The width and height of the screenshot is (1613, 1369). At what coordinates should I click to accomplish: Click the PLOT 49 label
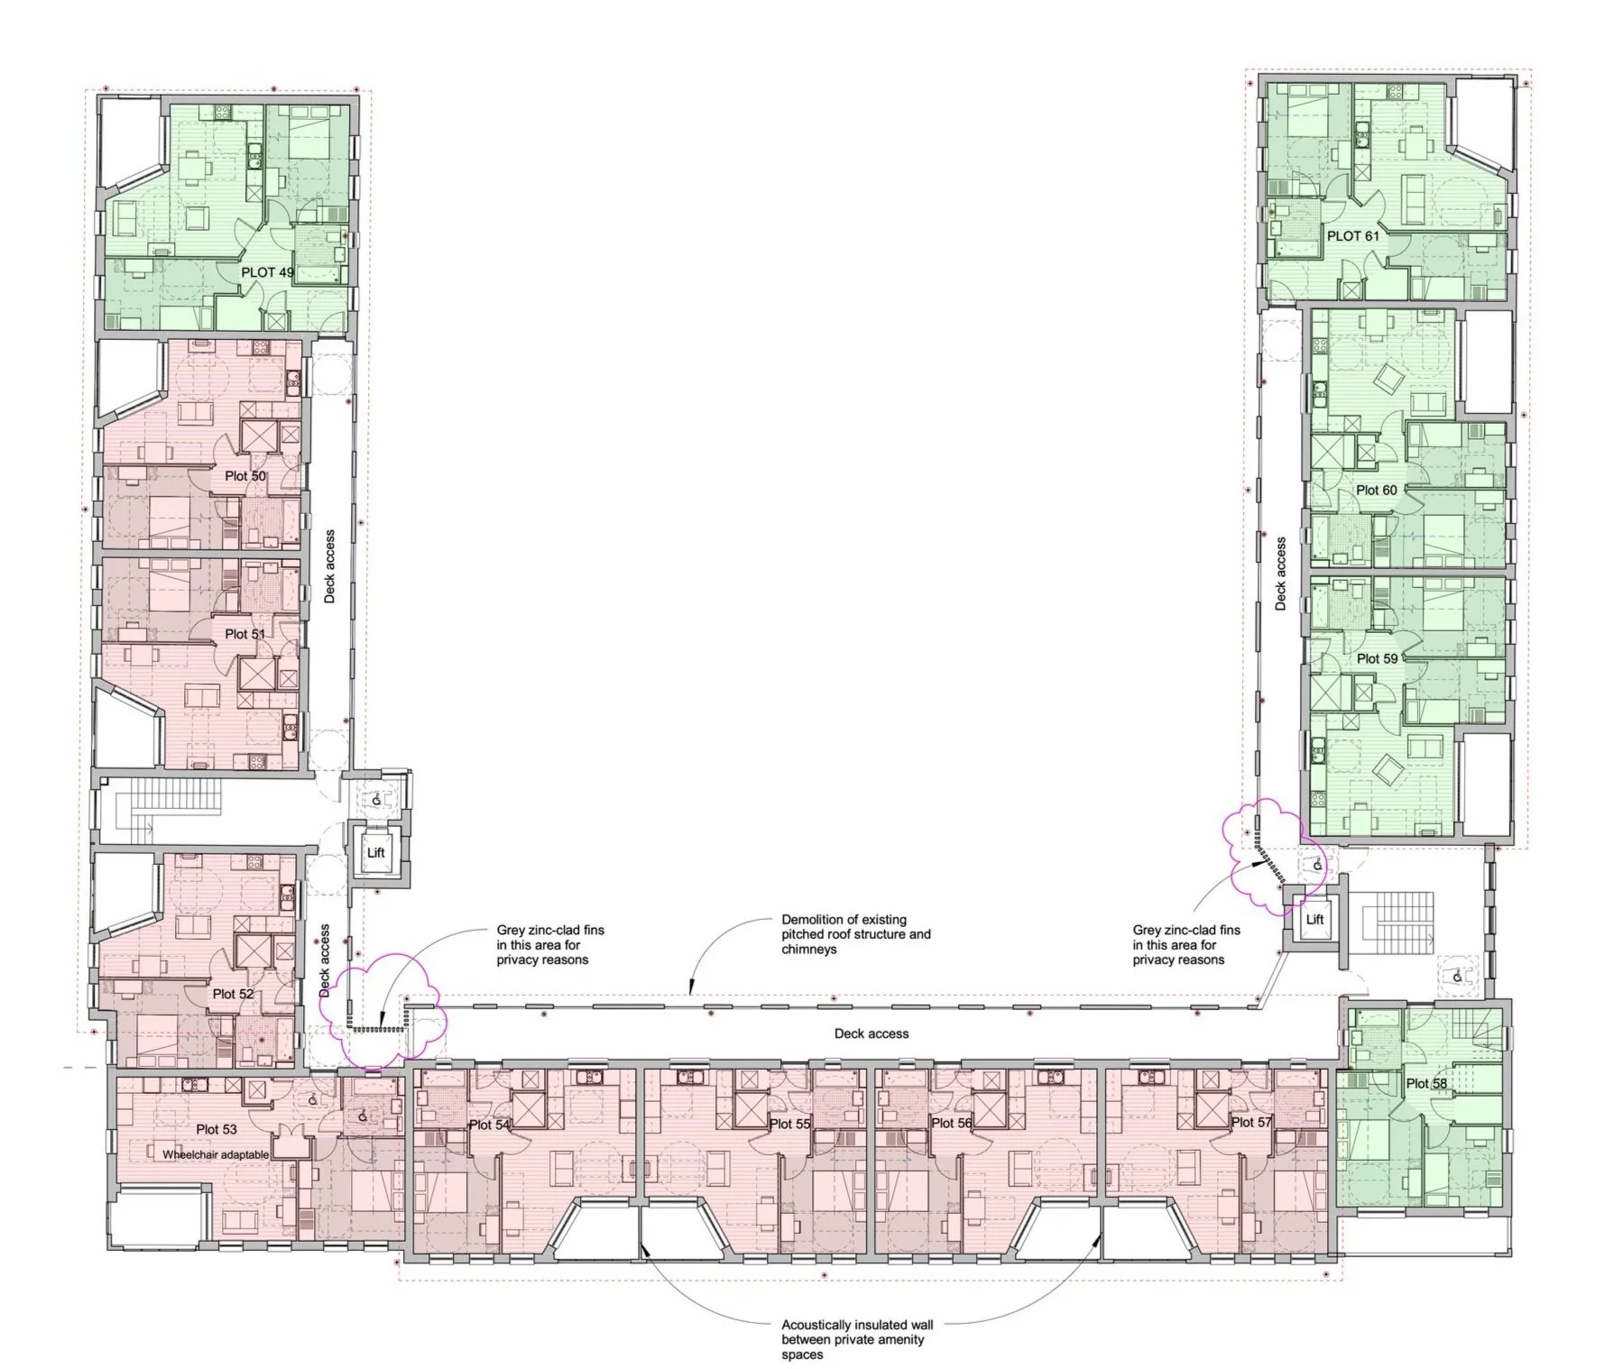[x=267, y=271]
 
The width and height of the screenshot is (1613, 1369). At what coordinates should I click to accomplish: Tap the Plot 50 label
[x=245, y=476]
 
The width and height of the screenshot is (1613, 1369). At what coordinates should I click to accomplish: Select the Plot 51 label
[x=245, y=634]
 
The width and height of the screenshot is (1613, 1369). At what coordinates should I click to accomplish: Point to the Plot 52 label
[x=234, y=994]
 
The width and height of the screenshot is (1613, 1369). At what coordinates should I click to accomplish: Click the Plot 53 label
[x=217, y=1129]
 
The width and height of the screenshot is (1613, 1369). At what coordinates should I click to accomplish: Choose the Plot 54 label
[x=490, y=1125]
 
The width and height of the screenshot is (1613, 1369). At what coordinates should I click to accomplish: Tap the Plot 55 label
[x=791, y=1124]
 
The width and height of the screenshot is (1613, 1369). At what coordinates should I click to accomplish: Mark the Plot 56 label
[x=953, y=1123]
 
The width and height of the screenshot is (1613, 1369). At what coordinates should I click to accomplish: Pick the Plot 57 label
[x=1253, y=1122]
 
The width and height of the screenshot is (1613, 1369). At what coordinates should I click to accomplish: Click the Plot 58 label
[x=1427, y=1083]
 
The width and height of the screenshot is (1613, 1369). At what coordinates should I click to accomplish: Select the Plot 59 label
[x=1378, y=658]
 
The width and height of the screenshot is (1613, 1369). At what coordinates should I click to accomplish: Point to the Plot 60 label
[x=1377, y=490]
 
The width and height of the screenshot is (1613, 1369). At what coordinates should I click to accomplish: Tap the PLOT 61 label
[x=1353, y=236]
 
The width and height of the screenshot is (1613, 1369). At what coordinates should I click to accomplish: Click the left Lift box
[x=376, y=852]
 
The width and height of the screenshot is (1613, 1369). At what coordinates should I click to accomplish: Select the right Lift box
[x=1314, y=919]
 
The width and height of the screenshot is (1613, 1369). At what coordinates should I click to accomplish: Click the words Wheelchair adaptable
[x=216, y=1154]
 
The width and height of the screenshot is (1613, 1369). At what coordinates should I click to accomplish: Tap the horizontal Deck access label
[x=871, y=1034]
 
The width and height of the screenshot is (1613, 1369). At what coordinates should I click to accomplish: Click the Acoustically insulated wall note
[x=857, y=1340]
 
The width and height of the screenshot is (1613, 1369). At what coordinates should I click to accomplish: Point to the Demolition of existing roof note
[x=856, y=934]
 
